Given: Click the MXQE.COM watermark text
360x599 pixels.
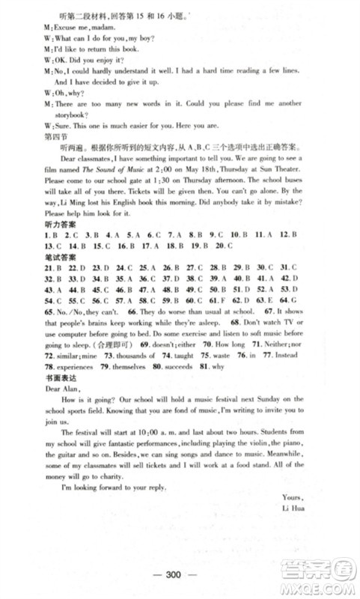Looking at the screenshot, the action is [323, 587].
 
